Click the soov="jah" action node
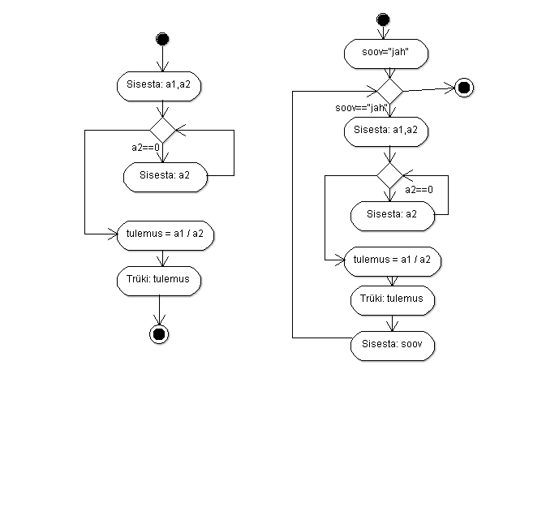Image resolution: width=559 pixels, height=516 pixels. click(x=386, y=54)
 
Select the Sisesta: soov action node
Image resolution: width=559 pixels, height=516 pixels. click(x=393, y=346)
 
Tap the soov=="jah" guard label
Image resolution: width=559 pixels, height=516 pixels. click(x=361, y=108)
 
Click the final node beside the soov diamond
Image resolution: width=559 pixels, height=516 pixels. click(x=464, y=88)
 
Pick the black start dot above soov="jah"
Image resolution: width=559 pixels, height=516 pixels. click(x=383, y=19)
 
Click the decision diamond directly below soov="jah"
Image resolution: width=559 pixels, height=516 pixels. click(x=389, y=92)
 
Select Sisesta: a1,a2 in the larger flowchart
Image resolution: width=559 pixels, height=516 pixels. click(x=386, y=131)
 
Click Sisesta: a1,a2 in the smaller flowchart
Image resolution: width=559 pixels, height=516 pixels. click(x=159, y=86)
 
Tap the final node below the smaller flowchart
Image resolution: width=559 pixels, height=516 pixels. click(x=159, y=334)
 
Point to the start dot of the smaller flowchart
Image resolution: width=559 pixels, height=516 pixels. click(x=162, y=39)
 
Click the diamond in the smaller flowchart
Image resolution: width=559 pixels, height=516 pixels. click(x=162, y=130)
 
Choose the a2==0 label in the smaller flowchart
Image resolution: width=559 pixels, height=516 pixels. click(x=145, y=148)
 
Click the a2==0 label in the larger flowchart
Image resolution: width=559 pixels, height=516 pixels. click(x=419, y=189)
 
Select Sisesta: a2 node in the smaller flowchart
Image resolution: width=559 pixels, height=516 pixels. click(x=166, y=177)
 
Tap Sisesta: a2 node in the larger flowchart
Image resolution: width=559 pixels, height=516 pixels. click(x=393, y=216)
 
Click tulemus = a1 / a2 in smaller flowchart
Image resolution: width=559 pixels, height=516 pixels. click(x=166, y=236)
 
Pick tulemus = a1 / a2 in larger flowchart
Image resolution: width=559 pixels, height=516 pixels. click(x=393, y=261)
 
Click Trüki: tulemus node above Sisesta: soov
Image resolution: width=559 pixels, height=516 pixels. click(x=393, y=300)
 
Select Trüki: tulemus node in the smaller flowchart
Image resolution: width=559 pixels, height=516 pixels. click(x=159, y=281)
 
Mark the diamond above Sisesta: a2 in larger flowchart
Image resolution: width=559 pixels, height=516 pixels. click(x=389, y=175)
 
